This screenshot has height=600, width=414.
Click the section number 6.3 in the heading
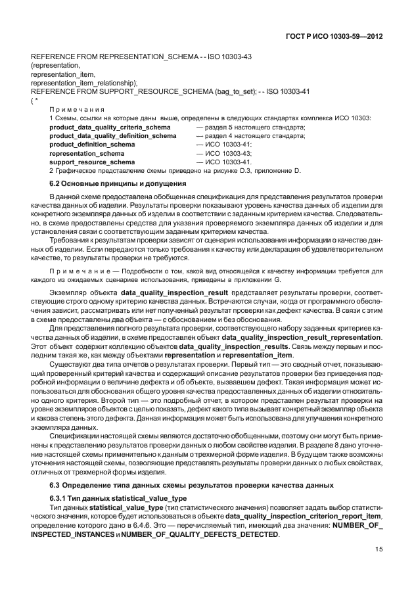[55, 485]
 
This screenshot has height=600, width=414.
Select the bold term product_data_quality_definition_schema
[112, 135]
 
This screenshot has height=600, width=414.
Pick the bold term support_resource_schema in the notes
[92, 162]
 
